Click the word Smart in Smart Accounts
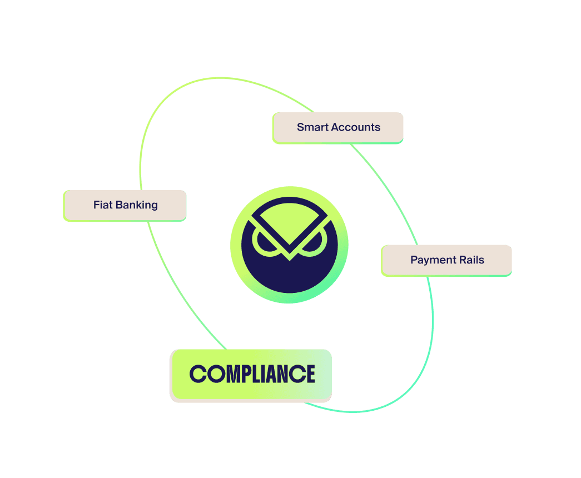point(312,127)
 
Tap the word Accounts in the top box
point(356,127)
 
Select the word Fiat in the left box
point(103,205)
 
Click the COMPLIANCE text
point(252,374)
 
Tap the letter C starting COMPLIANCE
point(198,374)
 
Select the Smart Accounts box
point(337,128)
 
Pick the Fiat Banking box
point(125,206)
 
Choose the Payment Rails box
point(446,261)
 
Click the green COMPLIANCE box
point(251,375)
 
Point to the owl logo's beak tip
point(290,260)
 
